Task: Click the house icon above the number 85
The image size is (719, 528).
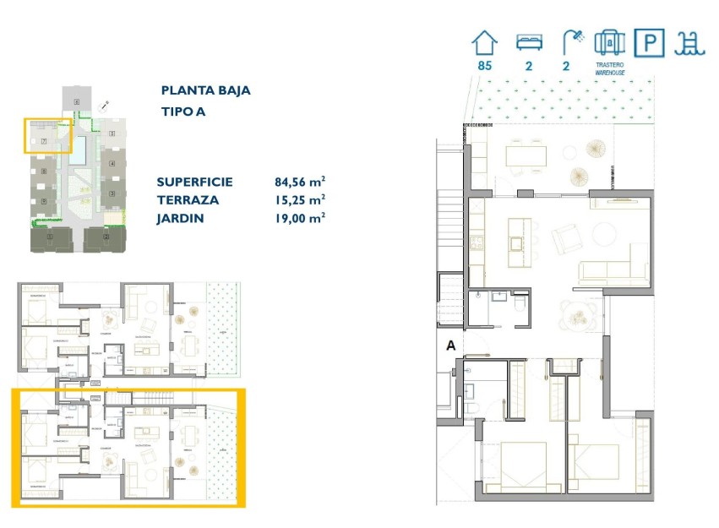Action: pyautogui.click(x=485, y=42)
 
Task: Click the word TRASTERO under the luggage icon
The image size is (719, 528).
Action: pyautogui.click(x=609, y=65)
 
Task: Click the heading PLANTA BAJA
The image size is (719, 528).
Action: pyautogui.click(x=205, y=90)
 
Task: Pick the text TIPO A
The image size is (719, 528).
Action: pyautogui.click(x=183, y=112)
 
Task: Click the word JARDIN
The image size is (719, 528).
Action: pyautogui.click(x=180, y=218)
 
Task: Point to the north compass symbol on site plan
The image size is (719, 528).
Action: pyautogui.click(x=105, y=106)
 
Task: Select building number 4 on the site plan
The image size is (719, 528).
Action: pyautogui.click(x=112, y=162)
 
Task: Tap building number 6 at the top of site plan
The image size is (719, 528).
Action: pyautogui.click(x=77, y=102)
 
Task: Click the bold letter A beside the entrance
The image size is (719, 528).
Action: pyautogui.click(x=450, y=346)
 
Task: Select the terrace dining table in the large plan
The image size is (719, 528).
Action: pyautogui.click(x=526, y=155)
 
